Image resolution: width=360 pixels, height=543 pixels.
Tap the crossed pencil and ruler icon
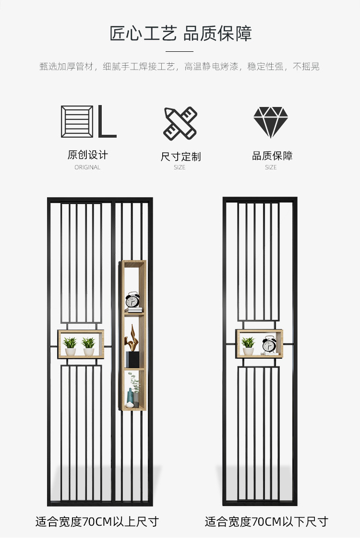pyautogui.click(x=180, y=124)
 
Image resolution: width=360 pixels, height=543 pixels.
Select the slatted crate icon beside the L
pyautogui.click(x=77, y=121)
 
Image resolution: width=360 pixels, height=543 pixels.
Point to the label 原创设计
pyautogui.click(x=88, y=155)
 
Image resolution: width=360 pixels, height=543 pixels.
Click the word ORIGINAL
pyautogui.click(x=87, y=167)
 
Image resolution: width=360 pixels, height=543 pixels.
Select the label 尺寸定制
pyautogui.click(x=180, y=156)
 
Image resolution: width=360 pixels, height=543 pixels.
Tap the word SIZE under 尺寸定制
pyautogui.click(x=180, y=167)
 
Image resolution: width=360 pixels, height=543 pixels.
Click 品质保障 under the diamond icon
pyautogui.click(x=272, y=156)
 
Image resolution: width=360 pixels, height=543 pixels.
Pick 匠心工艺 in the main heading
pyautogui.click(x=143, y=34)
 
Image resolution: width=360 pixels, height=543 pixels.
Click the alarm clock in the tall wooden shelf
pyautogui.click(x=132, y=300)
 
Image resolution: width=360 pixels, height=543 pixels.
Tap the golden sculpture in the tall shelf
pyautogui.click(x=132, y=338)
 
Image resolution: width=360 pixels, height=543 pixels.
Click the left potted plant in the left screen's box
pyautogui.click(x=71, y=346)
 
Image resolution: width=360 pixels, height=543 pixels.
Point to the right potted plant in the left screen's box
pyautogui.click(x=89, y=347)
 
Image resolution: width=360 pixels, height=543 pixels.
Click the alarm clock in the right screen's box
pyautogui.click(x=269, y=344)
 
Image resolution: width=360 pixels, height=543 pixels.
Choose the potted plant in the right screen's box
pyautogui.click(x=248, y=346)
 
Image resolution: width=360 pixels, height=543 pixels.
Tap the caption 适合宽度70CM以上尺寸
pyautogui.click(x=97, y=521)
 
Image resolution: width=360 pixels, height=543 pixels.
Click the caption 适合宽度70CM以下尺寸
pyautogui.click(x=266, y=521)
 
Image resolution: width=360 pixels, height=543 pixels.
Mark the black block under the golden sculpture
pyautogui.click(x=132, y=359)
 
